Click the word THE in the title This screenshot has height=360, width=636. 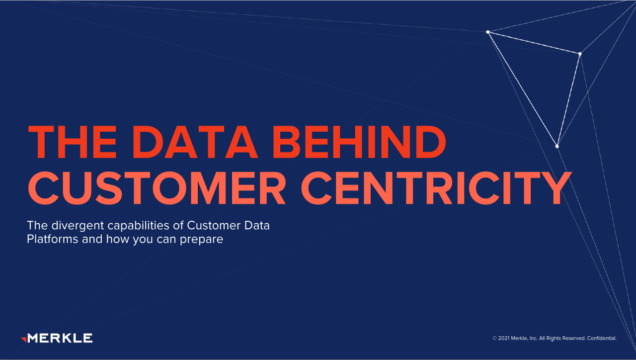pyautogui.click(x=73, y=142)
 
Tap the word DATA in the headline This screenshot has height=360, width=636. pyautogui.click(x=195, y=142)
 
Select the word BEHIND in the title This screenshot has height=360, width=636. pyautogui.click(x=359, y=142)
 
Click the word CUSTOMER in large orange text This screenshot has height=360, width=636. pyautogui.click(x=157, y=188)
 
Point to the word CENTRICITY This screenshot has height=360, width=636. pyautogui.click(x=436, y=188)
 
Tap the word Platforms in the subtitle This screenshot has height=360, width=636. pyautogui.click(x=53, y=239)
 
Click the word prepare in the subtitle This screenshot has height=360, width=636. pyautogui.click(x=201, y=240)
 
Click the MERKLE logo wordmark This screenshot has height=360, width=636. pyautogui.click(x=60, y=338)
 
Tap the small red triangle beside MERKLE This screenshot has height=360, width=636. pyautogui.click(x=24, y=339)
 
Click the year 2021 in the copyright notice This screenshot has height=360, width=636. pyautogui.click(x=504, y=338)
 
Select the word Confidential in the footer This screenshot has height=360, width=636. pyautogui.click(x=602, y=338)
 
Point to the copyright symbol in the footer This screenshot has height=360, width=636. pyautogui.click(x=494, y=338)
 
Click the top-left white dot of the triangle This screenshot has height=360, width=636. pyautogui.click(x=488, y=32)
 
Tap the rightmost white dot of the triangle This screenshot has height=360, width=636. pyautogui.click(x=580, y=54)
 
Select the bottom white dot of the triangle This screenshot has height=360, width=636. pyautogui.click(x=557, y=146)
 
